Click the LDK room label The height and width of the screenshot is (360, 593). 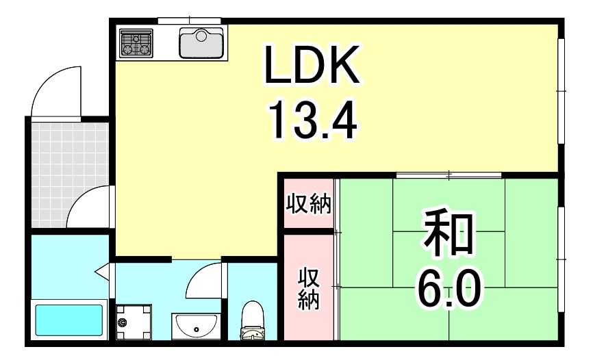coord(312,67)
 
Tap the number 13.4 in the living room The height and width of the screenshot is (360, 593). coord(312,120)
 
